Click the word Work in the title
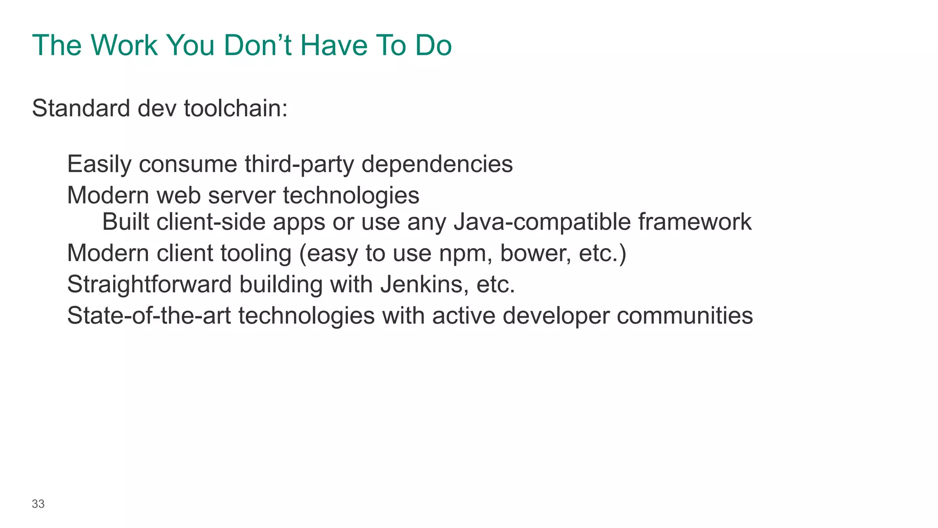tap(124, 45)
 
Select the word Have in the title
tap(334, 45)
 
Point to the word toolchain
tap(235, 109)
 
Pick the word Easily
tap(99, 164)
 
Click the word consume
tap(188, 164)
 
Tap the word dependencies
tap(437, 164)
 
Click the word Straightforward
tap(149, 284)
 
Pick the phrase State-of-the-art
tap(149, 316)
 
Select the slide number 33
tap(38, 504)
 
